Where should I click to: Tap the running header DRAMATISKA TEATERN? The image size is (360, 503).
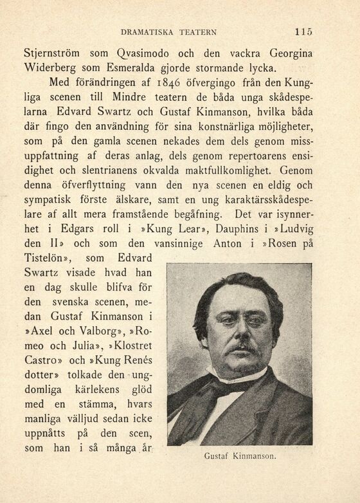click(168, 32)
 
